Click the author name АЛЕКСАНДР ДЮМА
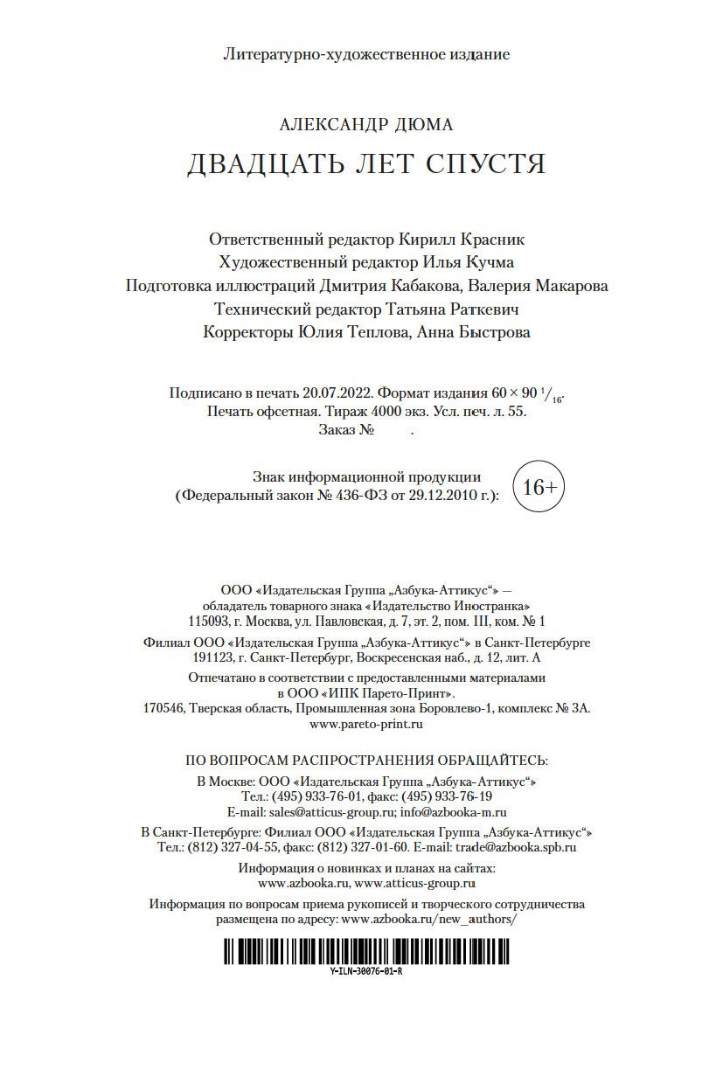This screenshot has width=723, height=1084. click(x=365, y=124)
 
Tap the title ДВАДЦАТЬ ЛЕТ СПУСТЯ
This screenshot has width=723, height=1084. click(x=365, y=164)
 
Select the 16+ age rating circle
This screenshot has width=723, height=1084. click(x=539, y=488)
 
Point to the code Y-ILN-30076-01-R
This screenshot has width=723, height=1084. click(x=366, y=971)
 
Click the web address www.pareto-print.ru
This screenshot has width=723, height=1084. click(x=366, y=725)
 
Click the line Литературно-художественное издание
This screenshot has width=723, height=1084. click(x=366, y=54)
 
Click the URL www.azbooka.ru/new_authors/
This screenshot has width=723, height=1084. click(x=429, y=920)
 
